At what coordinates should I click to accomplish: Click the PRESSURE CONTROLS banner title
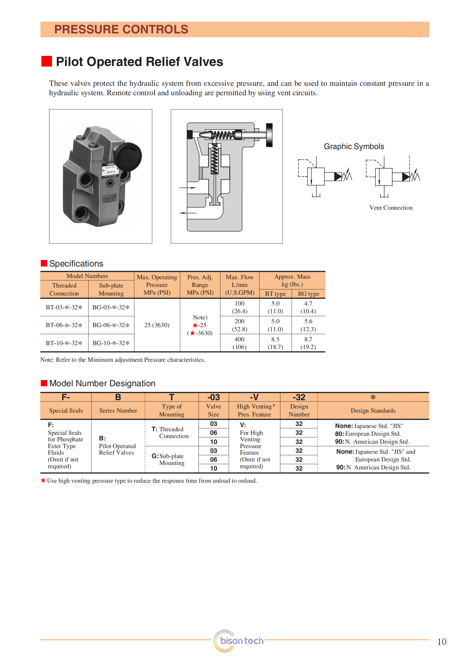121,29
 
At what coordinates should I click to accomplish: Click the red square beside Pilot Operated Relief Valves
47,61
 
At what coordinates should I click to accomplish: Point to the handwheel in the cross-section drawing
269,135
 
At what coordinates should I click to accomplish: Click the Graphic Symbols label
354,146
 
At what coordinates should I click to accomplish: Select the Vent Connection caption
391,208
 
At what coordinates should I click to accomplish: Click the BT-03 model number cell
64,307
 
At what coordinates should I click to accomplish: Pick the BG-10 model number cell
111,343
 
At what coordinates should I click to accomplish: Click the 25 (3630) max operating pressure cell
157,325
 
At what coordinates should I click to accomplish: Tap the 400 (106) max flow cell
239,343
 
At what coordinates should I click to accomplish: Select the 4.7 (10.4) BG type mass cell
308,307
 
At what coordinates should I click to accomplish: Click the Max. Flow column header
239,285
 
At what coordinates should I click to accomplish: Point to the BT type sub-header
275,294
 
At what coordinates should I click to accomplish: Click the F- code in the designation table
66,397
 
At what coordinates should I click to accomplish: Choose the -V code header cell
254,397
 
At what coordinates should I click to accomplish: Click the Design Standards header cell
373,411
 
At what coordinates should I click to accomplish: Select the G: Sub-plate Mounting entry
168,459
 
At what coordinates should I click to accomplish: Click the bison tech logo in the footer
238,641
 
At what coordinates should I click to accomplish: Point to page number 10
442,642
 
